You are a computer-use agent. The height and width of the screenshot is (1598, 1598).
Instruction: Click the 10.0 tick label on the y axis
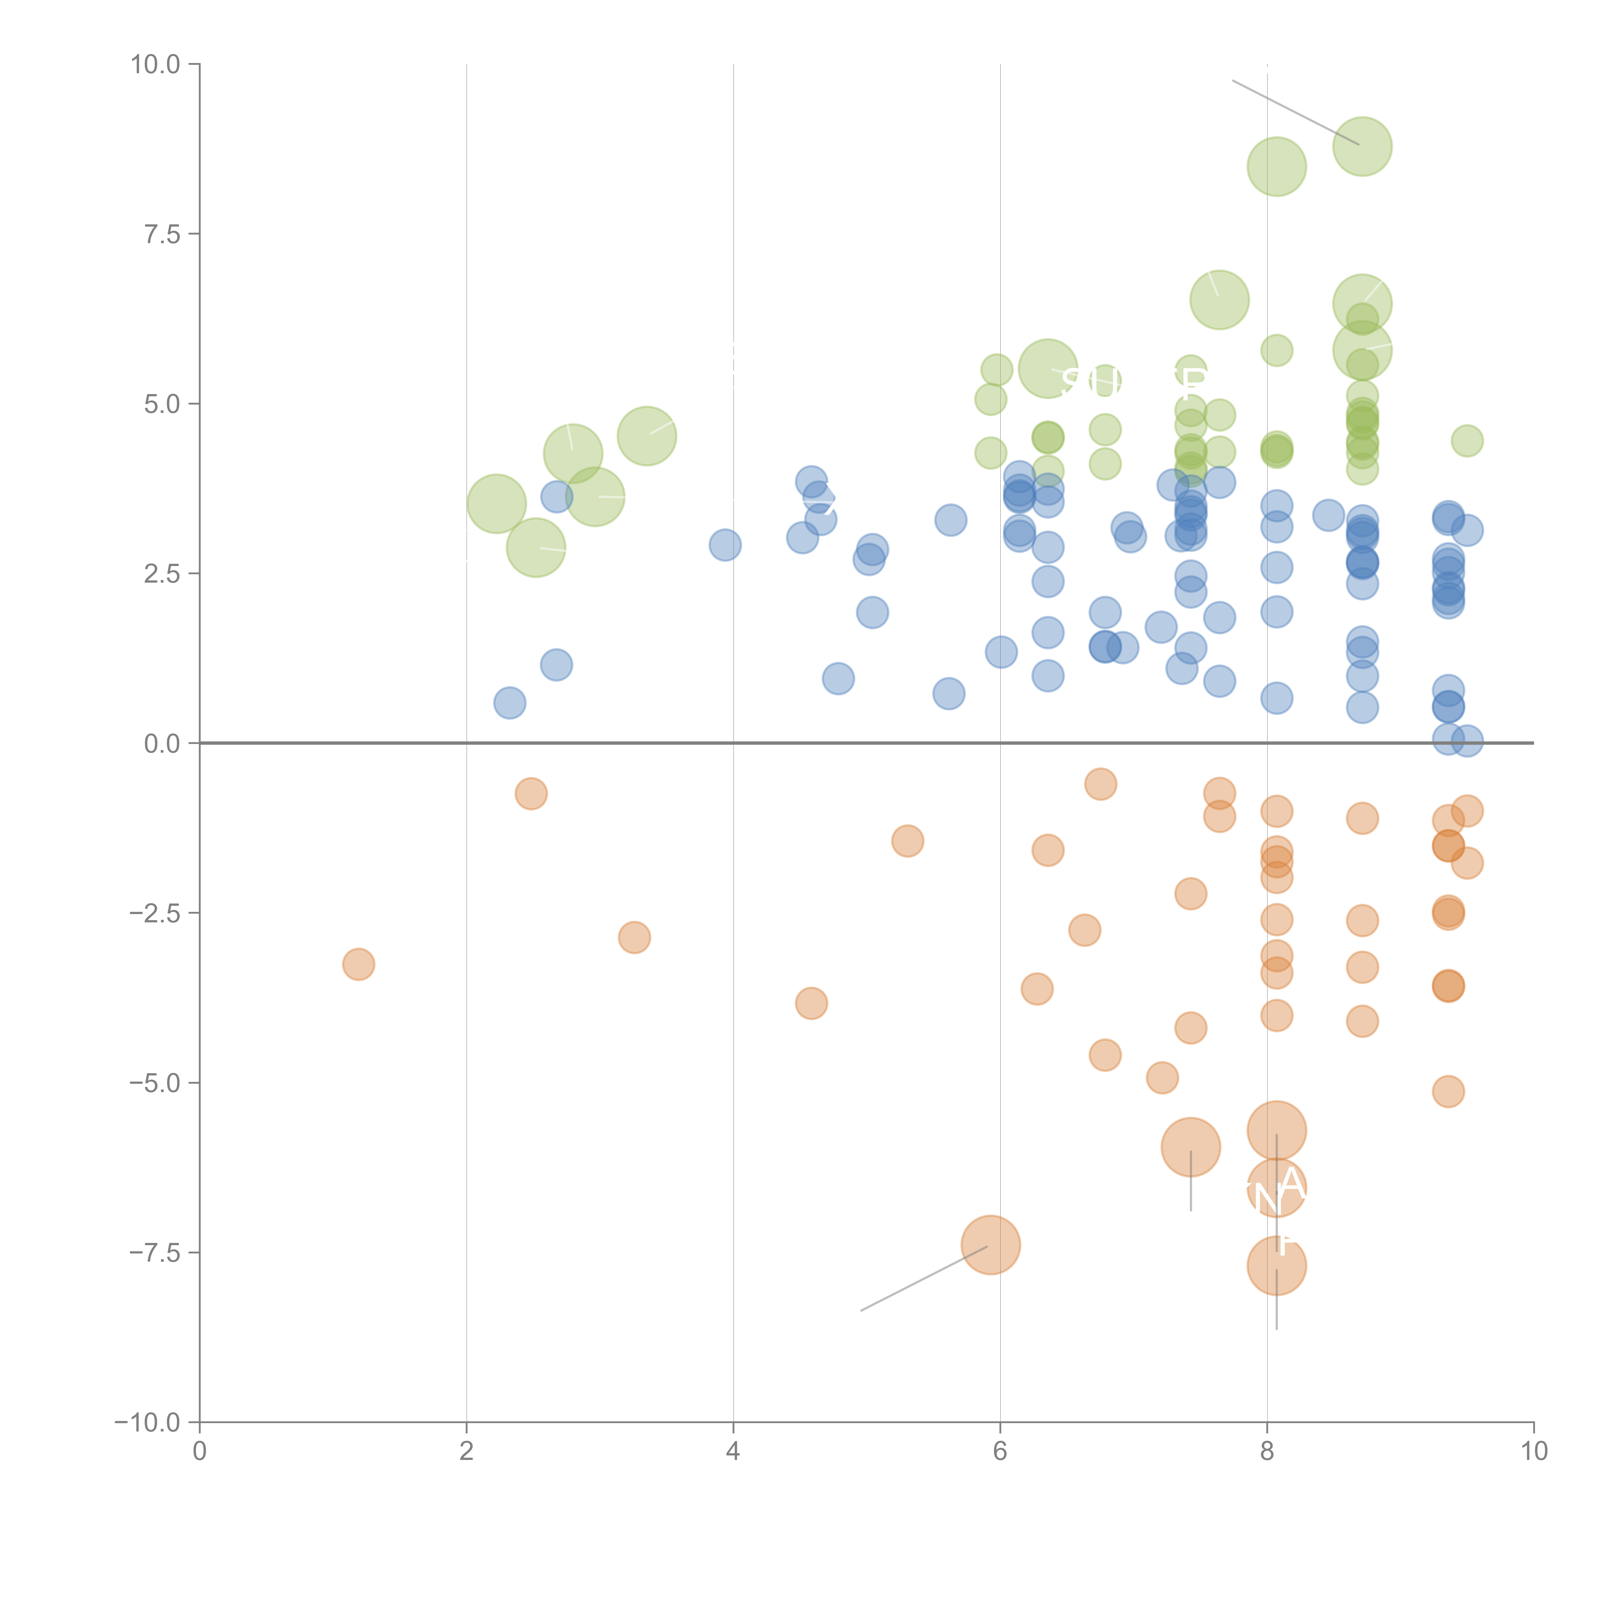coord(156,65)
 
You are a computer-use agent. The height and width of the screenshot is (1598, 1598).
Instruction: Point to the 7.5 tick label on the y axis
coord(162,234)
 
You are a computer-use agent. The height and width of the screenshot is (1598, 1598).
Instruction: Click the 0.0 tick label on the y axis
coord(162,744)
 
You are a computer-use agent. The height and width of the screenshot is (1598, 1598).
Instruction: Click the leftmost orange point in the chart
coord(358,965)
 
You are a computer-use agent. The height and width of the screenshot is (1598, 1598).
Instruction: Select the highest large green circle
coord(1362,146)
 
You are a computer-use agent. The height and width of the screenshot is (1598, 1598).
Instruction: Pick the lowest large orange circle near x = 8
coord(1276,1266)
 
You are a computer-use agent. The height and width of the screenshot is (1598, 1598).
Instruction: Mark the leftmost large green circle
coord(496,504)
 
